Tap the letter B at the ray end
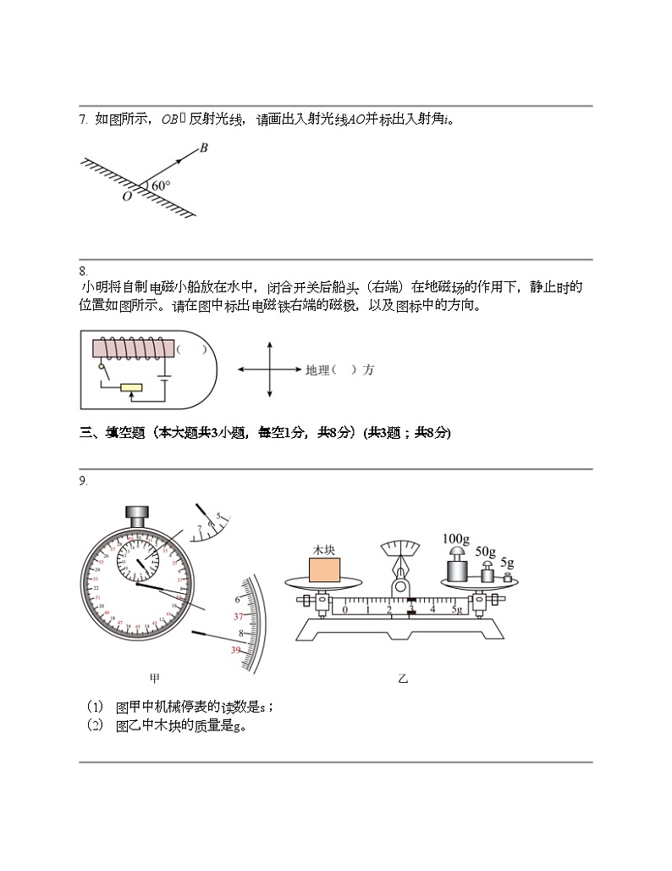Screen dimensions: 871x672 [204, 148]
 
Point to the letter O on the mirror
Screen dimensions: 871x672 [126, 197]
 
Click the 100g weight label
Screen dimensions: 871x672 [455, 539]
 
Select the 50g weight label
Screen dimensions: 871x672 [485, 552]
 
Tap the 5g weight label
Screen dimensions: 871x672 [507, 562]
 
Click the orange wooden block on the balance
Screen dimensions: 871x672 [324, 569]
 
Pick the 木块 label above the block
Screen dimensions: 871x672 [324, 550]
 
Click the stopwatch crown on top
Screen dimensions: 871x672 [136, 513]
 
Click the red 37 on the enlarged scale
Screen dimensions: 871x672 [238, 616]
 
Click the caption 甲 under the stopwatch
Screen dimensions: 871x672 [155, 678]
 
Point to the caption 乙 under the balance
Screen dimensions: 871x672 [403, 678]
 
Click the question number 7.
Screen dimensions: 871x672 [83, 119]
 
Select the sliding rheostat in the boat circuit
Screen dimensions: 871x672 [131, 388]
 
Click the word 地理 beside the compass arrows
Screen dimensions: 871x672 [317, 370]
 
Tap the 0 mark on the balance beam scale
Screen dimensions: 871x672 [344, 609]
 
